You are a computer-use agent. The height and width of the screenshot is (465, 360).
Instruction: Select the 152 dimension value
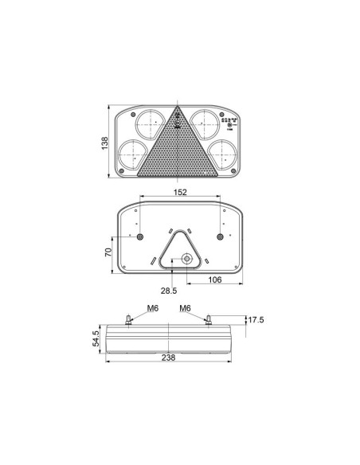click(x=179, y=192)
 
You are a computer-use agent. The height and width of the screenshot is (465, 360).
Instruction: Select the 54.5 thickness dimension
click(x=96, y=338)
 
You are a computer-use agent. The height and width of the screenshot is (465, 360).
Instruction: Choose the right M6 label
click(x=185, y=308)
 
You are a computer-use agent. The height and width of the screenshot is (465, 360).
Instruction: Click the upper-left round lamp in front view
click(x=148, y=124)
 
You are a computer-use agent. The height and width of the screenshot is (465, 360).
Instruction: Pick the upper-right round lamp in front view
click(x=205, y=124)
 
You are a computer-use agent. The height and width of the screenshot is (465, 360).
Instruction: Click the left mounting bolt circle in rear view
click(x=140, y=238)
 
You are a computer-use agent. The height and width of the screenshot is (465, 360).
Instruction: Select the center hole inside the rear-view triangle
click(x=185, y=259)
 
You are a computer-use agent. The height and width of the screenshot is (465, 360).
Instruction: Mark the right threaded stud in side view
click(x=209, y=320)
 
